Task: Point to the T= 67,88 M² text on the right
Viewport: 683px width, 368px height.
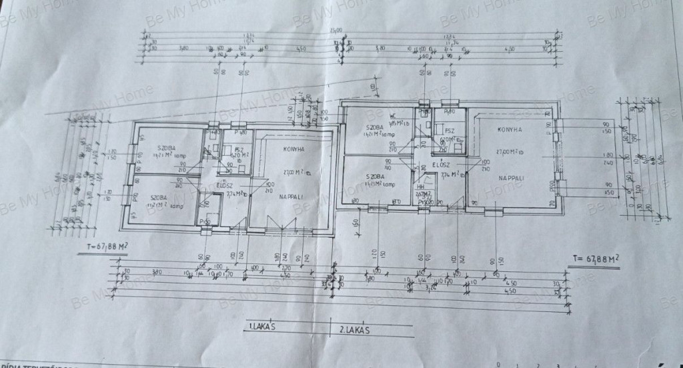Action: (592, 256)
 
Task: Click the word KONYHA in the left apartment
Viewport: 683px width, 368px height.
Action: (293, 149)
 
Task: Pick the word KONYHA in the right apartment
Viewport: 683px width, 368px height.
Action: (509, 130)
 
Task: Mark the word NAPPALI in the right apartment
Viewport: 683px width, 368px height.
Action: (510, 178)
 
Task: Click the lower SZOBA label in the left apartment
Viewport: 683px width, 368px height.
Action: (157, 197)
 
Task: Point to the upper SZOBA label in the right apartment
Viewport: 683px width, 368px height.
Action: (376, 128)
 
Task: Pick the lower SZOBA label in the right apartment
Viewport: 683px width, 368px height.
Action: (377, 177)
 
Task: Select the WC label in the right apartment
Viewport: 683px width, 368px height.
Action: (394, 115)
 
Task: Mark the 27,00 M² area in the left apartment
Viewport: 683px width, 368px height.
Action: (294, 172)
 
